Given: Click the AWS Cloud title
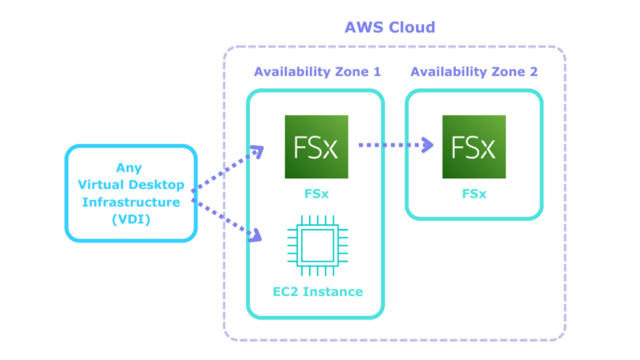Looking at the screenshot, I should tap(389, 27).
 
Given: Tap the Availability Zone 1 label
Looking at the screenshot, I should tap(317, 72).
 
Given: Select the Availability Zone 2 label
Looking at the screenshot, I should tap(473, 72).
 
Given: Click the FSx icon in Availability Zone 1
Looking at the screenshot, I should tap(316, 147).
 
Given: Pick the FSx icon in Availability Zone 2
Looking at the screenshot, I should tap(473, 147).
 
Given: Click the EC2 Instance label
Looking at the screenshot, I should tap(317, 292).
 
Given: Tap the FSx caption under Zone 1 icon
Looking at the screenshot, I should tap(316, 192).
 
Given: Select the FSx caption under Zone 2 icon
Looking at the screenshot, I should tap(473, 192).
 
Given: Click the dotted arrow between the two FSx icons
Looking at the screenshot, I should tap(392, 145).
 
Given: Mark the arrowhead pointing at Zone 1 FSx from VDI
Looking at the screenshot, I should tap(257, 152).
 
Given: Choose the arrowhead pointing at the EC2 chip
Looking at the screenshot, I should tap(255, 236).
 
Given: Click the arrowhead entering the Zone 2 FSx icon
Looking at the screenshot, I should tap(427, 145).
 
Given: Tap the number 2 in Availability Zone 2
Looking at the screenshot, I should tap(533, 72).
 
